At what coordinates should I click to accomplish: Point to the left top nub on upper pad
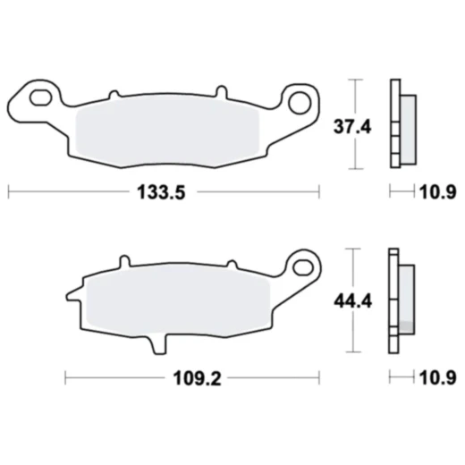(113, 92)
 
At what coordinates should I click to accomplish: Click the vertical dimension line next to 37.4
(357, 125)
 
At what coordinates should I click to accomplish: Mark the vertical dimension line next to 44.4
(357, 301)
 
